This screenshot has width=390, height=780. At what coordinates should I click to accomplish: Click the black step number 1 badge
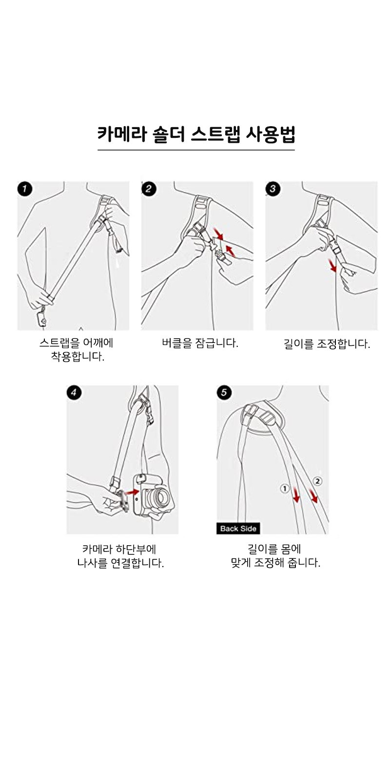coord(25,189)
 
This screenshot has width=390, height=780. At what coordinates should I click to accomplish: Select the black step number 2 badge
coord(149,189)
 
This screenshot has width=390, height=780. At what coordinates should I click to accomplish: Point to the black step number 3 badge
coord(273,189)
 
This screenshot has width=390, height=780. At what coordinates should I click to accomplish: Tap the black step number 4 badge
coord(74,393)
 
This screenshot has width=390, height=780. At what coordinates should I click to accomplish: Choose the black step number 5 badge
coord(224,393)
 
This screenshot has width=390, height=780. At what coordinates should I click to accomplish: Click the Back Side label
coord(238,528)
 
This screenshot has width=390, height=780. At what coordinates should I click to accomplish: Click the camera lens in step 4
coord(159,498)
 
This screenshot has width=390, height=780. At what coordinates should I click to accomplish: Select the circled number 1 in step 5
coord(285,488)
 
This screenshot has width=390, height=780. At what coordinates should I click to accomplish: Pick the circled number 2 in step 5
coord(317,481)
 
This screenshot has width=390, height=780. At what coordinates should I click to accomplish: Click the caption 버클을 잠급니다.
coord(200,343)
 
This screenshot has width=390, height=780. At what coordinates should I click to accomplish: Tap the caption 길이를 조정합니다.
coord(327,344)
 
